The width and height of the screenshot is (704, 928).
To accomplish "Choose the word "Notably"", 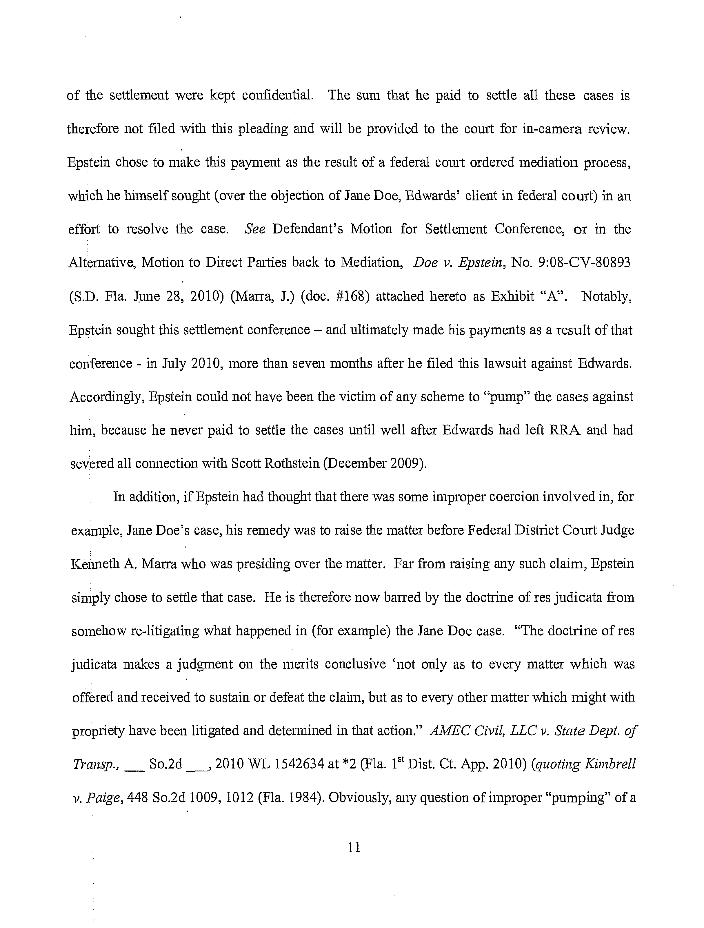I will point(607,297).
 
